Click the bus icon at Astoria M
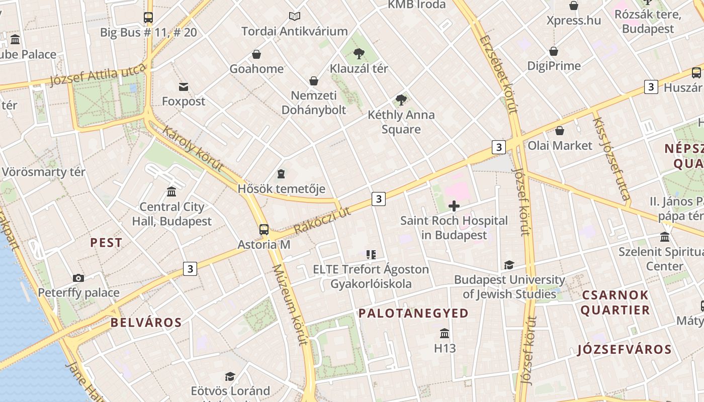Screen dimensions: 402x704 (x=264, y=230)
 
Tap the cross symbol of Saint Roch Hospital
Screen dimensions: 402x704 (x=454, y=206)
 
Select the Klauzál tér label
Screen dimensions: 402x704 (x=359, y=68)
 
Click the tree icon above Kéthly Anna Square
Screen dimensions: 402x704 (x=401, y=100)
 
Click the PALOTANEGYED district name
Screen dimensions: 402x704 (x=413, y=313)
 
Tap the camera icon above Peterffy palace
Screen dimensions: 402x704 (x=78, y=278)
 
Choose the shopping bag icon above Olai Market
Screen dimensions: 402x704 (x=560, y=131)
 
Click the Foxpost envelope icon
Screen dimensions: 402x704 (x=184, y=87)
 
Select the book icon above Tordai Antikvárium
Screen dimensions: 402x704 (x=295, y=17)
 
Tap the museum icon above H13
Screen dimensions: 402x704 (x=445, y=333)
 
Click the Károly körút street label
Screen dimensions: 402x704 (x=193, y=149)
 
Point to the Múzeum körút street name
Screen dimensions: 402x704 (x=290, y=305)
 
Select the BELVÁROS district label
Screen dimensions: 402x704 (x=146, y=323)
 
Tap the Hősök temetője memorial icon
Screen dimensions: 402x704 (x=281, y=174)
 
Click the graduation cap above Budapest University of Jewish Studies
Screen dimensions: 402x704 (x=509, y=265)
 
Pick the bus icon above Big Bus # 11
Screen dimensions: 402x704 (x=148, y=18)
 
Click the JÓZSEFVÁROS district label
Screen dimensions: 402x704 (x=625, y=349)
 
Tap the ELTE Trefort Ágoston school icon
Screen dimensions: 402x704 (x=371, y=255)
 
